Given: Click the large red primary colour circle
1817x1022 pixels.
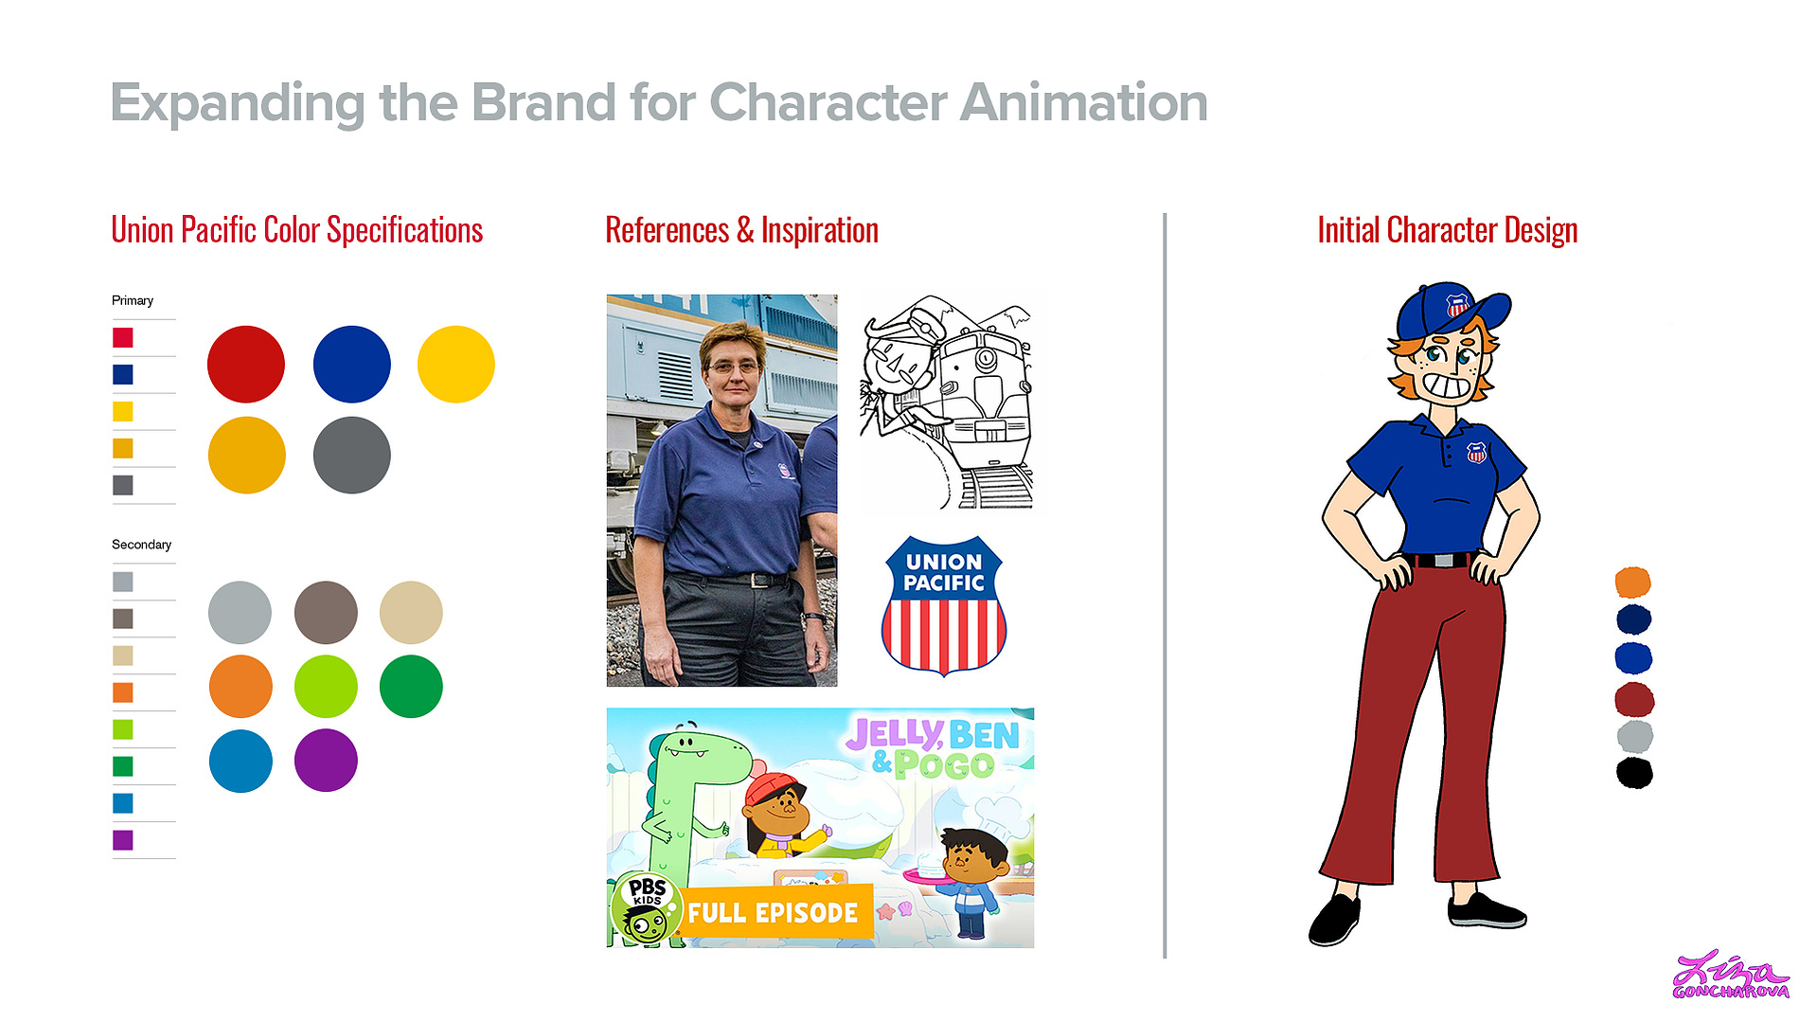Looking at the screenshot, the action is click(x=246, y=365).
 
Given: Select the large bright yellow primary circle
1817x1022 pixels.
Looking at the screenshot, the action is click(x=456, y=365).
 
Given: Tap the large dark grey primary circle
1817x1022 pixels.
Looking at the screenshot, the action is click(x=352, y=455).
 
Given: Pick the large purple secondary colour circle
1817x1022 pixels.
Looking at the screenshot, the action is click(x=326, y=760).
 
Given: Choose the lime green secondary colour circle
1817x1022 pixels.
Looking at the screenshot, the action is click(x=326, y=686).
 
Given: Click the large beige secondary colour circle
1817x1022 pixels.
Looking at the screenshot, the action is click(x=411, y=612).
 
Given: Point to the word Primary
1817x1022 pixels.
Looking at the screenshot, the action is click(x=133, y=300).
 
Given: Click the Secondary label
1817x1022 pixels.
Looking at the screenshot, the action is click(x=142, y=545).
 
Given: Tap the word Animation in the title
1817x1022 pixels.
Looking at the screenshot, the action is click(x=1084, y=102).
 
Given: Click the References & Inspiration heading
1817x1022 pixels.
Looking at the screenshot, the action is click(x=742, y=230).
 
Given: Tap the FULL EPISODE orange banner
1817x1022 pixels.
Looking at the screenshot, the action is click(x=774, y=912).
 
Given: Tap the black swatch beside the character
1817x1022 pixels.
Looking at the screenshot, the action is click(x=1634, y=773).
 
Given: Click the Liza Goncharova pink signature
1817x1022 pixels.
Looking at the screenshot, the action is click(x=1731, y=977).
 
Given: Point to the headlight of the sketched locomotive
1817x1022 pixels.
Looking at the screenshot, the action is click(x=986, y=359).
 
